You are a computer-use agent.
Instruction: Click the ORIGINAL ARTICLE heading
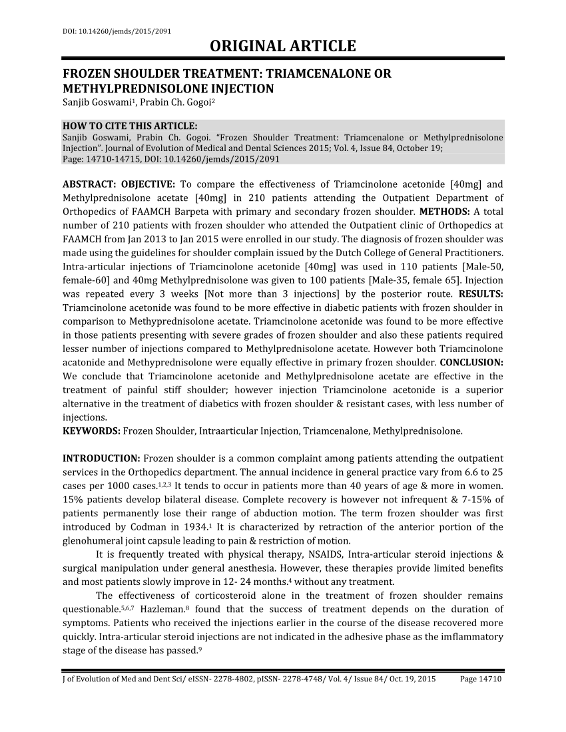[x=283, y=47]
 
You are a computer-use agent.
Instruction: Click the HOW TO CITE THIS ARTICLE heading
[x=130, y=126]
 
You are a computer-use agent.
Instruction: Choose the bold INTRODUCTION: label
[x=101, y=459]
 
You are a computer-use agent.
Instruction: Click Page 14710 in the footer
[x=481, y=679]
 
